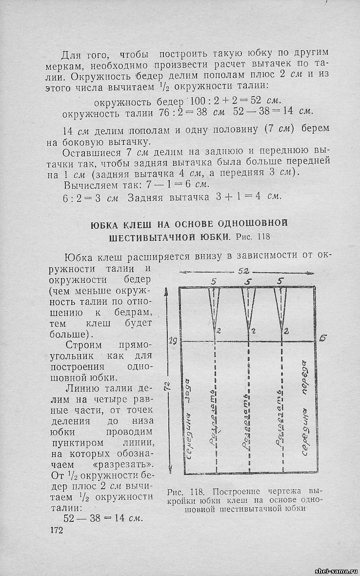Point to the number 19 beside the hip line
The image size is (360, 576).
[173, 341]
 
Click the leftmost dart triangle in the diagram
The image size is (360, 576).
[214, 308]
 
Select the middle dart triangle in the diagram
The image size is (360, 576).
[248, 308]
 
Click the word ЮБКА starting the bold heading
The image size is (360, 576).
[105, 224]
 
